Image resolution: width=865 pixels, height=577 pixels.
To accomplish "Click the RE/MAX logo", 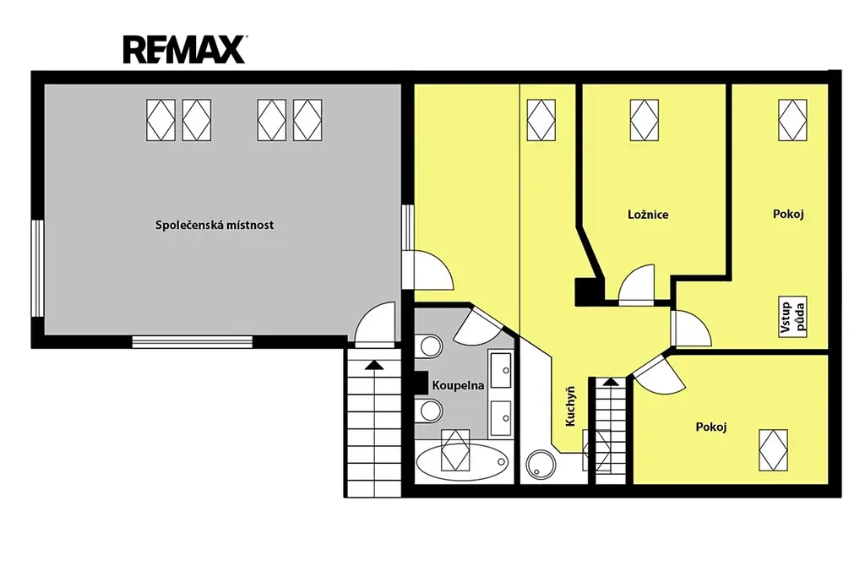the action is (184, 50).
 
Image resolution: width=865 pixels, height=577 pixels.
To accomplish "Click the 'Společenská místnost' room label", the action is (215, 225).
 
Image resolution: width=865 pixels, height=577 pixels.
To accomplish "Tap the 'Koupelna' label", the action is (458, 385).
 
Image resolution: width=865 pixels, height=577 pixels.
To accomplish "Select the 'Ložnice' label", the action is (648, 215).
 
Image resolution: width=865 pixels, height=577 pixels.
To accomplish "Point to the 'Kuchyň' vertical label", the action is (570, 406).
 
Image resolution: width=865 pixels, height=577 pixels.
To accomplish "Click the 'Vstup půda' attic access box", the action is (792, 318).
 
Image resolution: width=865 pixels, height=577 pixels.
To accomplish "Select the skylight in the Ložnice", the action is (645, 120).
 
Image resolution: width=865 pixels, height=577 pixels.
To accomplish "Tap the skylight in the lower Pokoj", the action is (773, 450).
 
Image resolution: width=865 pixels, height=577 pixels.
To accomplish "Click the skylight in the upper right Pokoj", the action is (792, 120).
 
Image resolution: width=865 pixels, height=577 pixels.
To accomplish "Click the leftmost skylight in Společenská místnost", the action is (160, 120).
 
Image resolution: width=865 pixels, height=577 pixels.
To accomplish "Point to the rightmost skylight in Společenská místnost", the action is (307, 120).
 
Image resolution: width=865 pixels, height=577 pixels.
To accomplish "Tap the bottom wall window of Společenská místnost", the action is (192, 341).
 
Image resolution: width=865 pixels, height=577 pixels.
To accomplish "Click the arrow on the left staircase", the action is (374, 365).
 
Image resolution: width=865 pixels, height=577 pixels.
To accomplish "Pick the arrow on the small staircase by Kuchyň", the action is (611, 381).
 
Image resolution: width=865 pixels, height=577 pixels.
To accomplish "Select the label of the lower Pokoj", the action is (711, 427).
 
